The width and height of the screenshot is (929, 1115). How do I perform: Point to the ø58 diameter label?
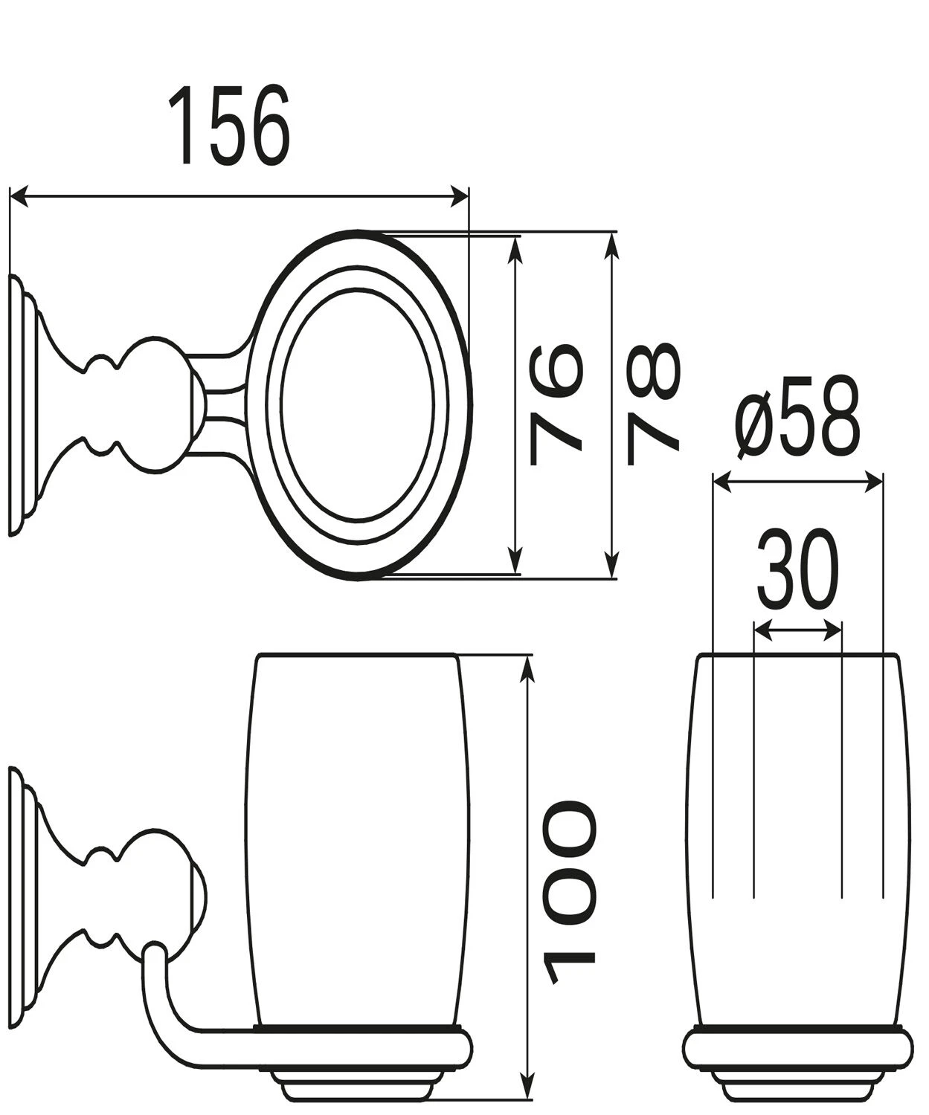(x=798, y=420)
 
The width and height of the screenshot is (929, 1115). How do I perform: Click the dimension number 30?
(x=797, y=569)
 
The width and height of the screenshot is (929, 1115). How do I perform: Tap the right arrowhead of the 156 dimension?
(x=461, y=197)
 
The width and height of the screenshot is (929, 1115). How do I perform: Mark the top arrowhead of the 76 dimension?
(x=513, y=245)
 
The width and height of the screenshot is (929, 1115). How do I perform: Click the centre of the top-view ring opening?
(x=358, y=404)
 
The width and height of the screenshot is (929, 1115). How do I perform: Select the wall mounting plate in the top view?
(x=20, y=404)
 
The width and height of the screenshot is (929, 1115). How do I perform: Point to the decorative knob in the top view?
(x=152, y=404)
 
